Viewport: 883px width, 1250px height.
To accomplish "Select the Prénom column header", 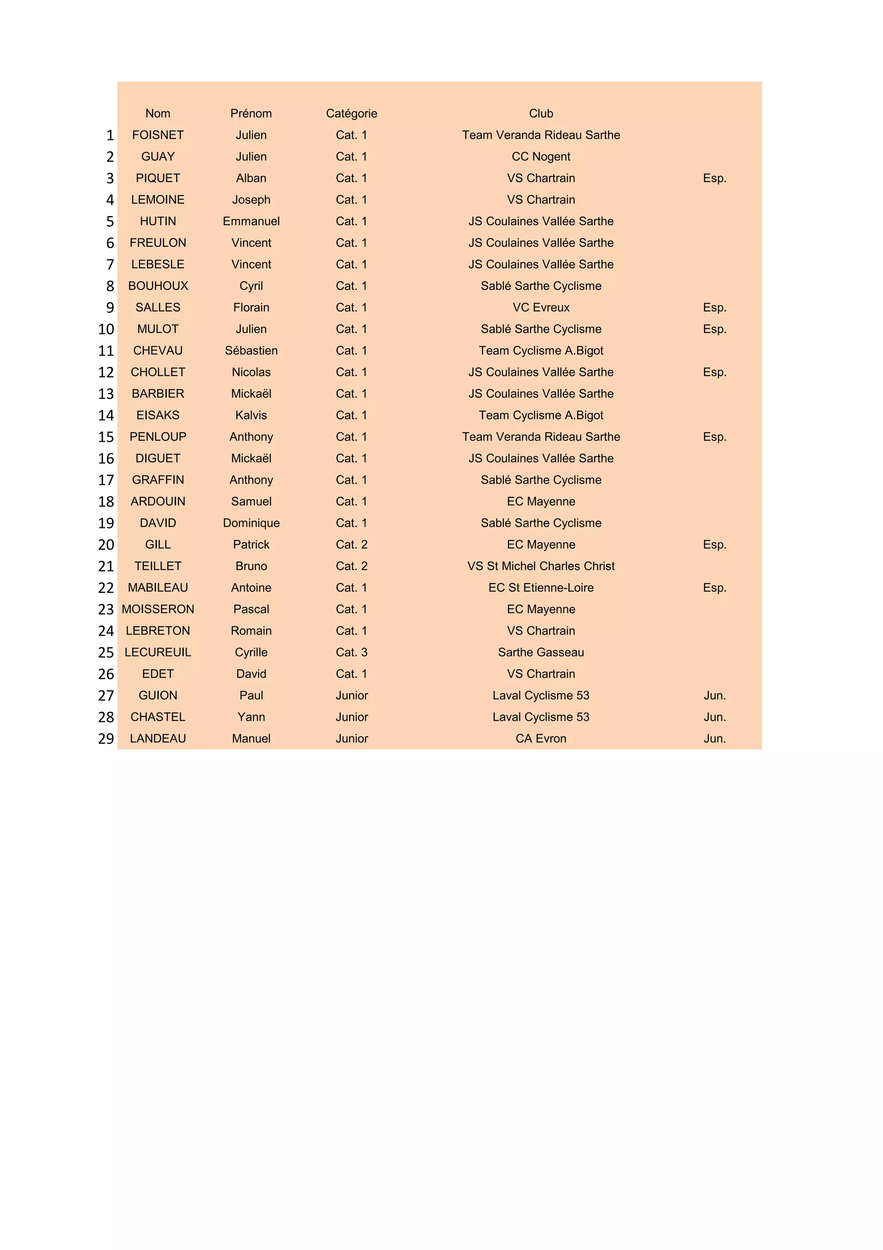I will point(251,113).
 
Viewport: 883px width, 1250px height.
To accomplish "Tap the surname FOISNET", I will point(158,135).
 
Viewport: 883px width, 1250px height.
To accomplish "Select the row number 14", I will point(106,415).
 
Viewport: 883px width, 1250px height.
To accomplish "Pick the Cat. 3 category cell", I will point(351,652).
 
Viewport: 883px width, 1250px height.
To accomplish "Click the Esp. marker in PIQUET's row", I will point(714,178).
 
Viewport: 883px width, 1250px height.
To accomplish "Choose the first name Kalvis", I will point(251,415).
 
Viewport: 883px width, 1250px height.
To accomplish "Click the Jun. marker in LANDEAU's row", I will point(714,739).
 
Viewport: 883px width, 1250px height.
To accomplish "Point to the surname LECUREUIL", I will point(158,652).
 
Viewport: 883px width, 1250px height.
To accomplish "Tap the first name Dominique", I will point(251,523).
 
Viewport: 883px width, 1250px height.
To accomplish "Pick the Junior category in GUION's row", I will point(351,696).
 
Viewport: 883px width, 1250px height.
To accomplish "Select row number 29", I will point(106,739).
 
